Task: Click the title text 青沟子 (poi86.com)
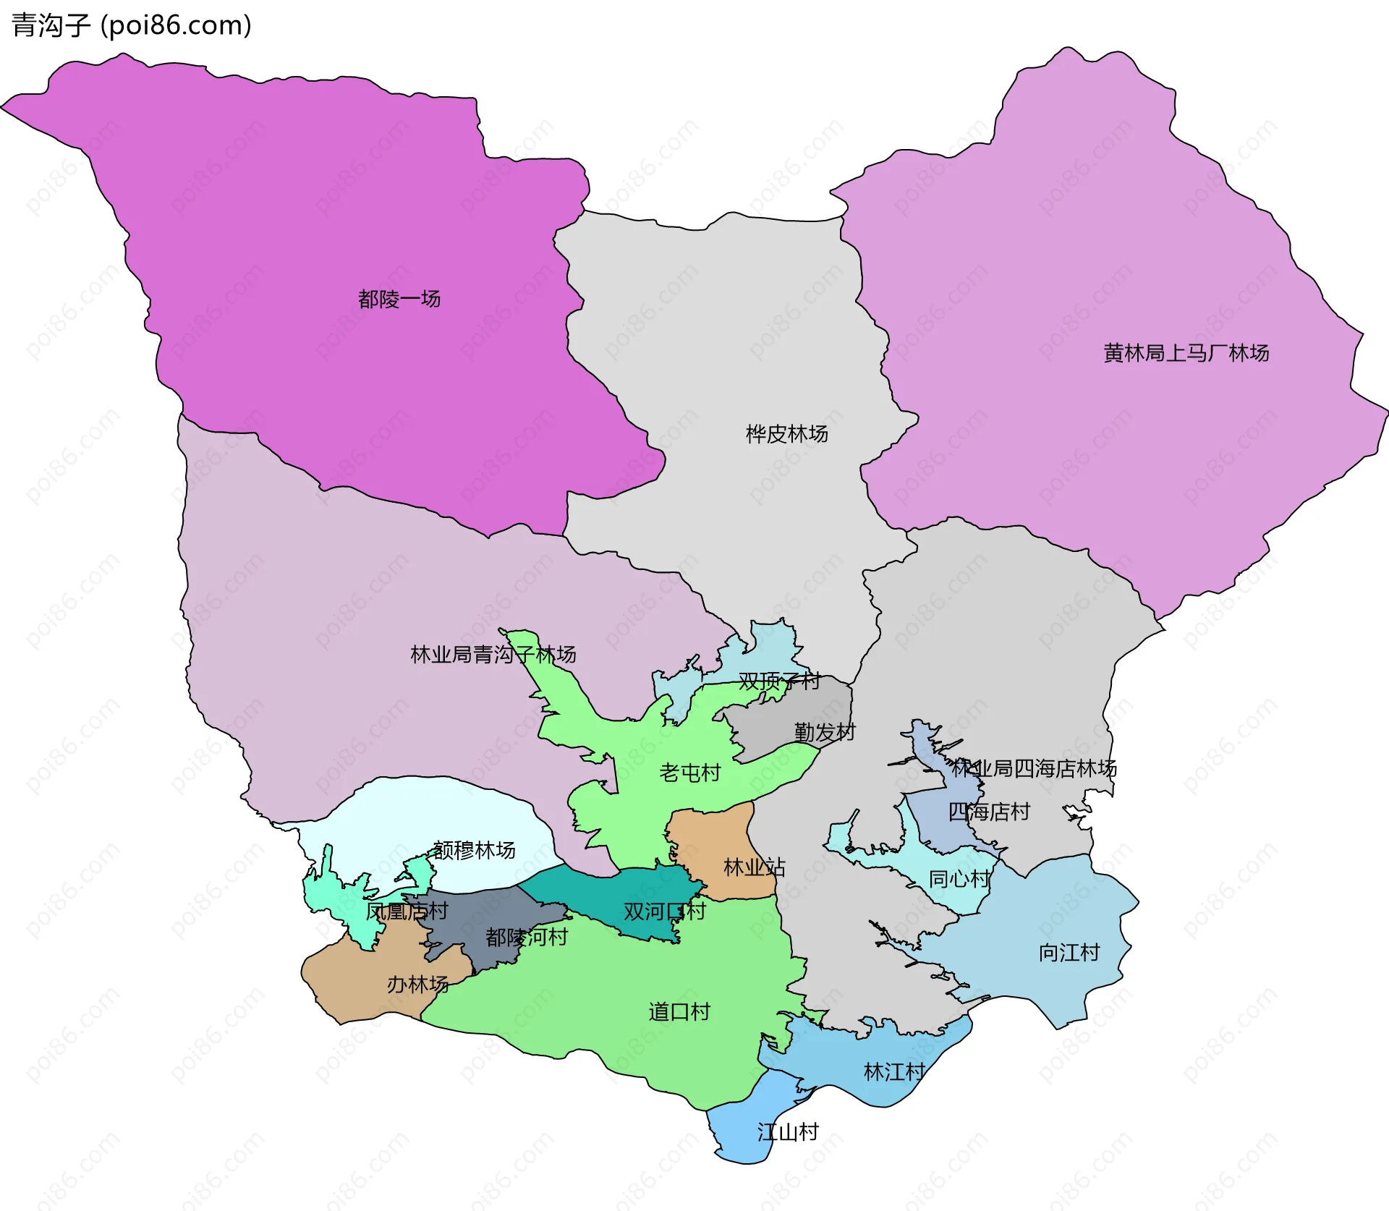tap(132, 25)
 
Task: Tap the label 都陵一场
tap(399, 299)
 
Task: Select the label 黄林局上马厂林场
tap(1186, 353)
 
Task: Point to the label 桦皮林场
tap(786, 434)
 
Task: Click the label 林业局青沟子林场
tap(493, 655)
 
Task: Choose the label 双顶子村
tap(779, 681)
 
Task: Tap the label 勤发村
tap(824, 732)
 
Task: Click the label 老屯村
tap(689, 773)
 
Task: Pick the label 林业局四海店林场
tap(1034, 768)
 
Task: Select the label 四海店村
tap(988, 812)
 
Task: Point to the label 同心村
tap(959, 879)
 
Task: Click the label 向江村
tap(1069, 953)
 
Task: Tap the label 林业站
tap(754, 867)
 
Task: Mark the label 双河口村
tap(664, 912)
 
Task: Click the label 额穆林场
tap(474, 850)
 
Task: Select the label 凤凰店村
tap(407, 912)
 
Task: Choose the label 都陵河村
tap(527, 938)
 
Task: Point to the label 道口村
tap(679, 1012)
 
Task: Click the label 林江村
tap(894, 1072)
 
